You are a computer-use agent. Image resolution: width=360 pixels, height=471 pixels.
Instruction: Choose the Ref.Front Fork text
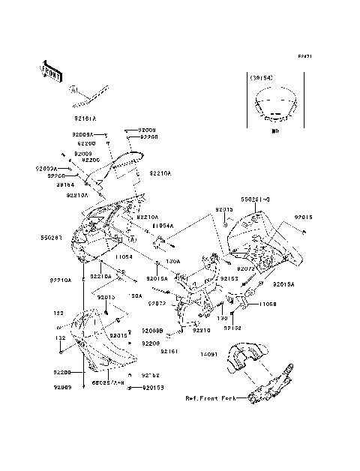[210, 400]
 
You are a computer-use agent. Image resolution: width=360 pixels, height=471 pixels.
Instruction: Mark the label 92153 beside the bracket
[229, 278]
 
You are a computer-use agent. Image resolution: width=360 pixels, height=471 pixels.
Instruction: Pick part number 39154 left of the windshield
[65, 184]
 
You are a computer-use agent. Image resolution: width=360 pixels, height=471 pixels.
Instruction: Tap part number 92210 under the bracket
[201, 330]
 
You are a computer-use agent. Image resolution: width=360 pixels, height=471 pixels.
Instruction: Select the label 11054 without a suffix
[124, 256]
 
